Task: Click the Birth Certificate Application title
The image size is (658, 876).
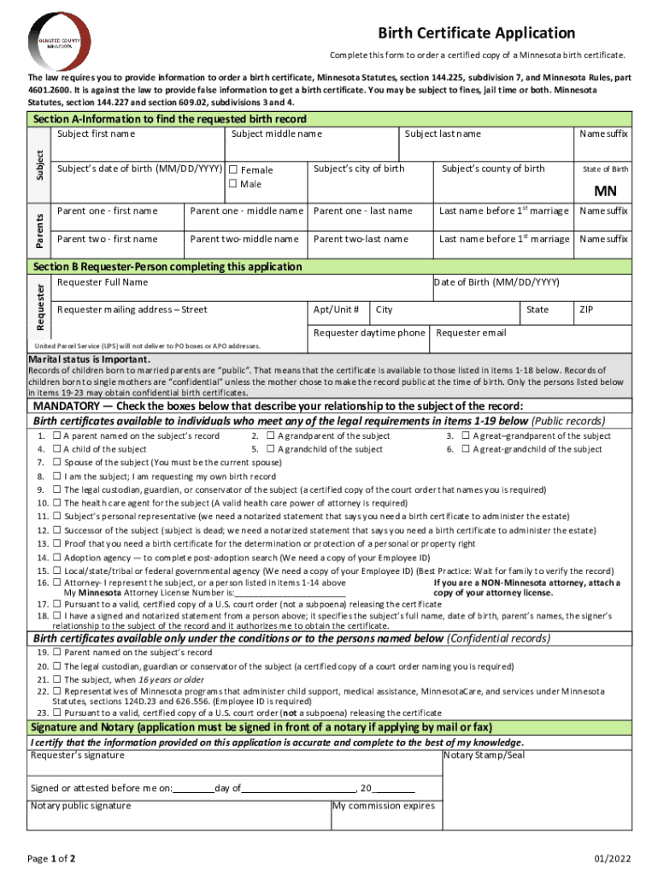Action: click(x=477, y=33)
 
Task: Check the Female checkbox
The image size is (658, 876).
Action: click(x=232, y=170)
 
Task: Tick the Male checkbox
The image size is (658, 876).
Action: click(x=232, y=184)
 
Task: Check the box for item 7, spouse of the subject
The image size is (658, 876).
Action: click(x=56, y=463)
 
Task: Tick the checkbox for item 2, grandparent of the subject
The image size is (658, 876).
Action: click(x=270, y=436)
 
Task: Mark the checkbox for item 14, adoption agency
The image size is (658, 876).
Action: click(x=56, y=558)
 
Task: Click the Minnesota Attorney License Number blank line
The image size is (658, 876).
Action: click(x=290, y=592)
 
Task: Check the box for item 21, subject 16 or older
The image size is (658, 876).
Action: click(x=56, y=680)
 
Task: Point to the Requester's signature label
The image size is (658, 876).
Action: click(x=77, y=755)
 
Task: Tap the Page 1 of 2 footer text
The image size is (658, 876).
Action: click(x=51, y=858)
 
